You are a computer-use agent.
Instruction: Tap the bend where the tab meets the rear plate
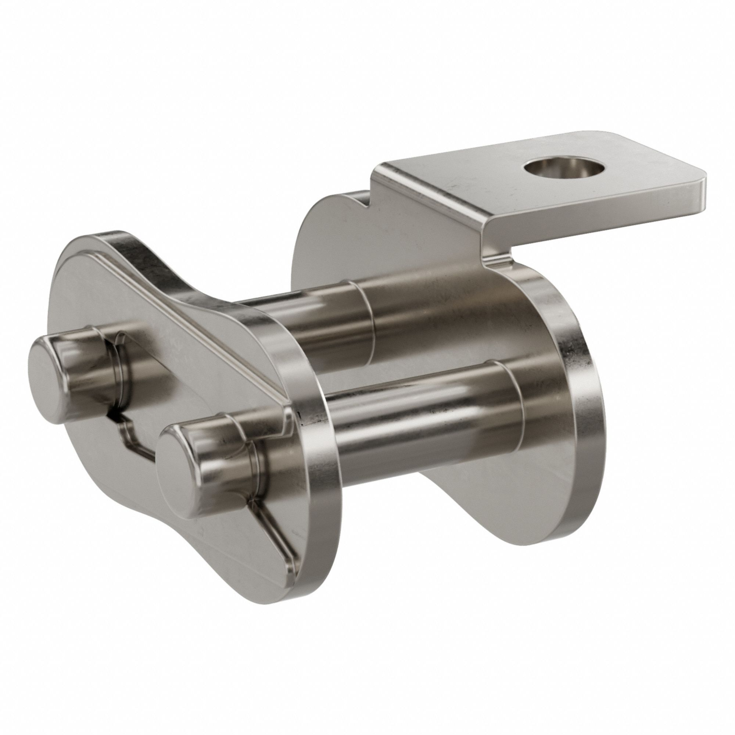pos(491,244)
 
